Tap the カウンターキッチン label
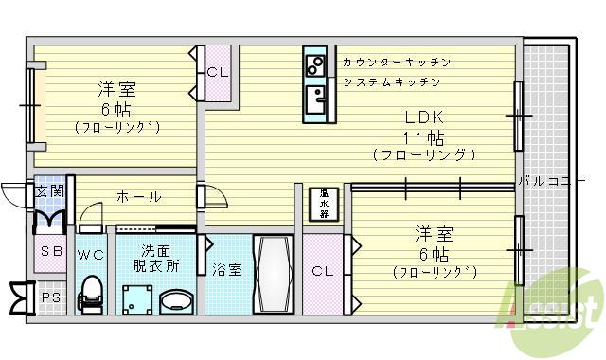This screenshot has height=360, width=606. pyautogui.click(x=397, y=62)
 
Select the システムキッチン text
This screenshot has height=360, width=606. pyautogui.click(x=391, y=81)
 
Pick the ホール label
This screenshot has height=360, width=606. pyautogui.click(x=138, y=197)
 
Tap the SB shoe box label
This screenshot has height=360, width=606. pyautogui.click(x=48, y=253)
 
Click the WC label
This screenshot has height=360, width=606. pyautogui.click(x=91, y=254)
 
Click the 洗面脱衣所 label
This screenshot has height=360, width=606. pyautogui.click(x=156, y=259)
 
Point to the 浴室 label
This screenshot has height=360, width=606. pyautogui.click(x=227, y=269)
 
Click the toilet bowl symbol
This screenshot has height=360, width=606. pyautogui.click(x=91, y=292)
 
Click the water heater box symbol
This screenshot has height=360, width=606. pyautogui.click(x=324, y=203)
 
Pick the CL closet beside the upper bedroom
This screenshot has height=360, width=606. pyautogui.click(x=216, y=72)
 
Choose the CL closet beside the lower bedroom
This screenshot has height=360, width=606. pyautogui.click(x=322, y=271)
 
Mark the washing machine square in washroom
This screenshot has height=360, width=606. pyautogui.click(x=134, y=297)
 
